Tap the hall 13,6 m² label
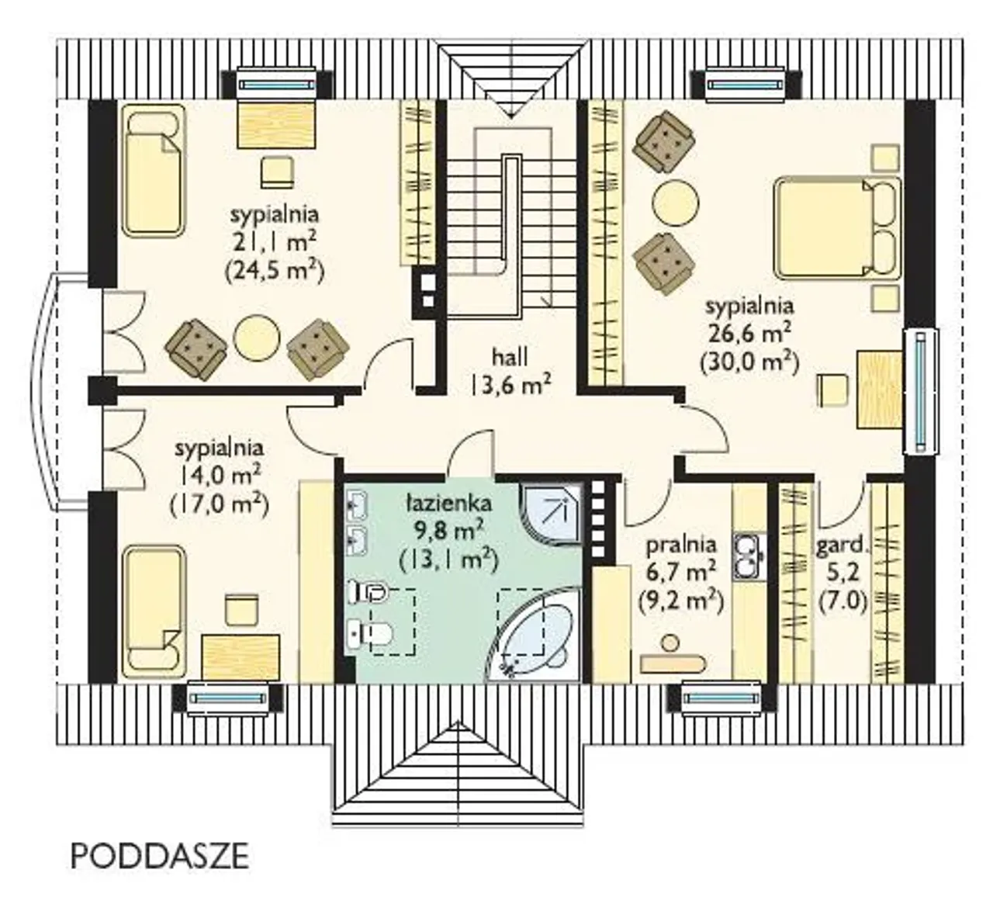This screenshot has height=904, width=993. click(510, 371)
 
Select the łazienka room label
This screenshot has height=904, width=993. click(449, 504)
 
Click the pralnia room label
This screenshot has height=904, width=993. click(681, 546)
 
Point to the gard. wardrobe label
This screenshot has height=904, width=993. click(842, 546)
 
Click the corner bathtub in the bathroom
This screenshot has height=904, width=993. click(534, 635)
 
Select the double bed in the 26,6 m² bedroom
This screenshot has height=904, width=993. click(837, 227)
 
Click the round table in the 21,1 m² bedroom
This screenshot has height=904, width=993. click(257, 338)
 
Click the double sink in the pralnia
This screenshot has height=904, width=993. click(749, 557)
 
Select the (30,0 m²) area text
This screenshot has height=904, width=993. click(749, 364)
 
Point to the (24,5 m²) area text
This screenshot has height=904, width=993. click(274, 272)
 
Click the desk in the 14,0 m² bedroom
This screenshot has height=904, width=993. click(240, 656)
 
